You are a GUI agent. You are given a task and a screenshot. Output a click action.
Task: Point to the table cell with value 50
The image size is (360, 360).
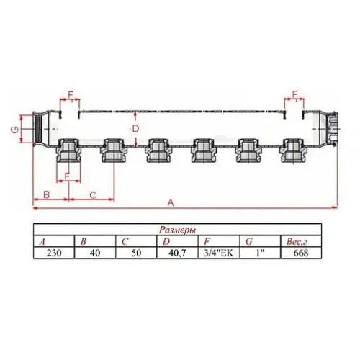133,253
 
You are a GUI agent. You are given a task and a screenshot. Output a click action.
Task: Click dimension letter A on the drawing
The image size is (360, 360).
170,204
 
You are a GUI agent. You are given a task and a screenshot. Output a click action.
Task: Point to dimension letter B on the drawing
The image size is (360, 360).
45,195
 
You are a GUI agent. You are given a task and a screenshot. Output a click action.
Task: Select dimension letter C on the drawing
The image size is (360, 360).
92,195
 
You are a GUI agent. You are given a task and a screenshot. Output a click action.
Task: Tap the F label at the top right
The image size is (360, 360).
294,94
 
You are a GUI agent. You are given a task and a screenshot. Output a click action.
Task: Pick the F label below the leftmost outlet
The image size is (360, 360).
67,176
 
